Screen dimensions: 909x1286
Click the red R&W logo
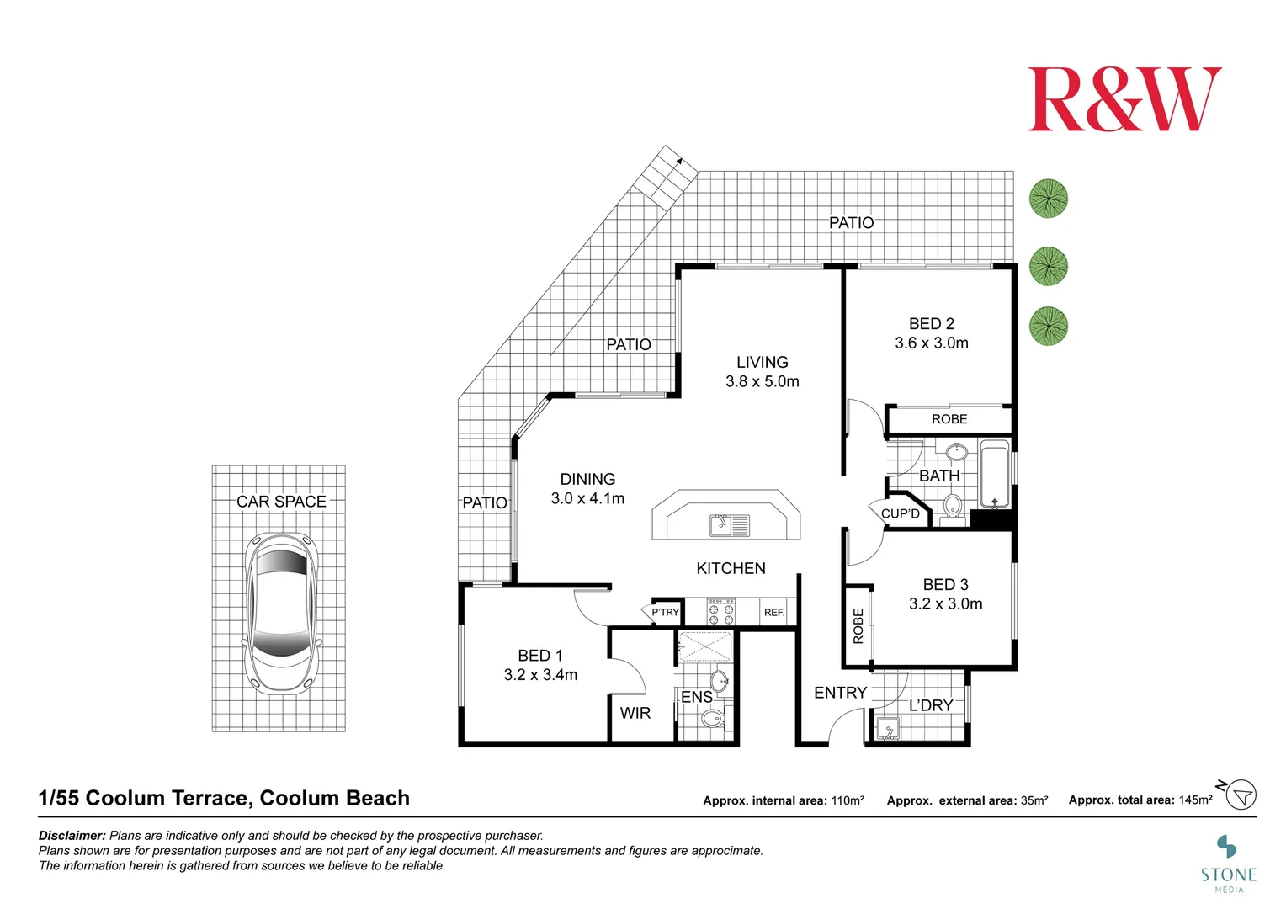[x=1124, y=99]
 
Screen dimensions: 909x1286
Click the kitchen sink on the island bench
[x=729, y=525]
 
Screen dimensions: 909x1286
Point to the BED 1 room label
[x=540, y=656]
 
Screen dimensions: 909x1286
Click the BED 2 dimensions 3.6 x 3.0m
[x=931, y=343]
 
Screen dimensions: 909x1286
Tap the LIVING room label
[x=762, y=362]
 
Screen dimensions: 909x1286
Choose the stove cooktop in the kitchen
[x=721, y=612]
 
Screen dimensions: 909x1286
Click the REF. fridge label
[x=773, y=613]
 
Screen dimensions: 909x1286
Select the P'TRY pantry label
[x=665, y=613]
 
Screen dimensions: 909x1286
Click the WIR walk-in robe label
[x=635, y=713]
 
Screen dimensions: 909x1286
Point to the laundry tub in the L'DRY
[x=887, y=727]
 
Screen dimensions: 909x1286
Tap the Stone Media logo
[x=1228, y=863]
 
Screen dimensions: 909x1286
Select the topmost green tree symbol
[x=1049, y=199]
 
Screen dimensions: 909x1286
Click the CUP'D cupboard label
[x=900, y=513]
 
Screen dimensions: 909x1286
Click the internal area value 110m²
[x=847, y=800]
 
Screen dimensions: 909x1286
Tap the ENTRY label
[x=839, y=693]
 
